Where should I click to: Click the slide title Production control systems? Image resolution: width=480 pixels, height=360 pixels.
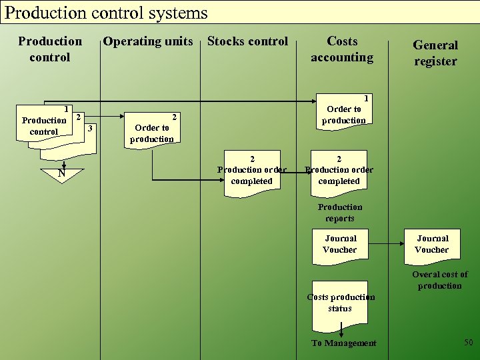pyautogui.click(x=107, y=13)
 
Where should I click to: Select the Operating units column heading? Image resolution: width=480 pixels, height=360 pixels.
pyautogui.click(x=148, y=41)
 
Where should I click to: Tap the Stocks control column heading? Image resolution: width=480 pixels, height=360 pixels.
pyautogui.click(x=247, y=41)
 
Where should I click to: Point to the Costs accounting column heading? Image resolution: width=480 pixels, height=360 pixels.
pyautogui.click(x=342, y=49)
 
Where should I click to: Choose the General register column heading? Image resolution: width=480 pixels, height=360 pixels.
pyautogui.click(x=435, y=53)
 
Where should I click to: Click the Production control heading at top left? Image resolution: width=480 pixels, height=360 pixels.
pyautogui.click(x=50, y=49)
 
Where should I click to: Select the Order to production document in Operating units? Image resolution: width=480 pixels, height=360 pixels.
pyautogui.click(x=152, y=128)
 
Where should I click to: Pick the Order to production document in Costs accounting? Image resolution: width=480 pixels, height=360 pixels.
pyautogui.click(x=343, y=110)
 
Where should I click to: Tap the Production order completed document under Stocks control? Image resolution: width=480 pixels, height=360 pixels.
pyautogui.click(x=251, y=171)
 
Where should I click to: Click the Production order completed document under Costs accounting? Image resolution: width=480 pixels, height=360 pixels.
pyautogui.click(x=339, y=171)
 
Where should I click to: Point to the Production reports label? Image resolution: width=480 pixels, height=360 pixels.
pyautogui.click(x=340, y=213)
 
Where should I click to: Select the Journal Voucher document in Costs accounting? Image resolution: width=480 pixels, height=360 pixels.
pyautogui.click(x=340, y=245)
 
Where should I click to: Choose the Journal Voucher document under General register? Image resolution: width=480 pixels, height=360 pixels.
pyautogui.click(x=432, y=245)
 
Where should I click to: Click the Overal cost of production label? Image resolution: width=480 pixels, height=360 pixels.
pyautogui.click(x=439, y=280)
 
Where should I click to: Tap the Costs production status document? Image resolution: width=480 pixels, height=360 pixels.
pyautogui.click(x=340, y=303)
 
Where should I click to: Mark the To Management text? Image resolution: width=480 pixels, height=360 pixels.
pyautogui.click(x=343, y=343)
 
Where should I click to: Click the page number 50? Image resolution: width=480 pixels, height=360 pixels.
pyautogui.click(x=468, y=342)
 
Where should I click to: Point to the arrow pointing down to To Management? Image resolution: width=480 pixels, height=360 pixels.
pyautogui.click(x=341, y=329)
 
